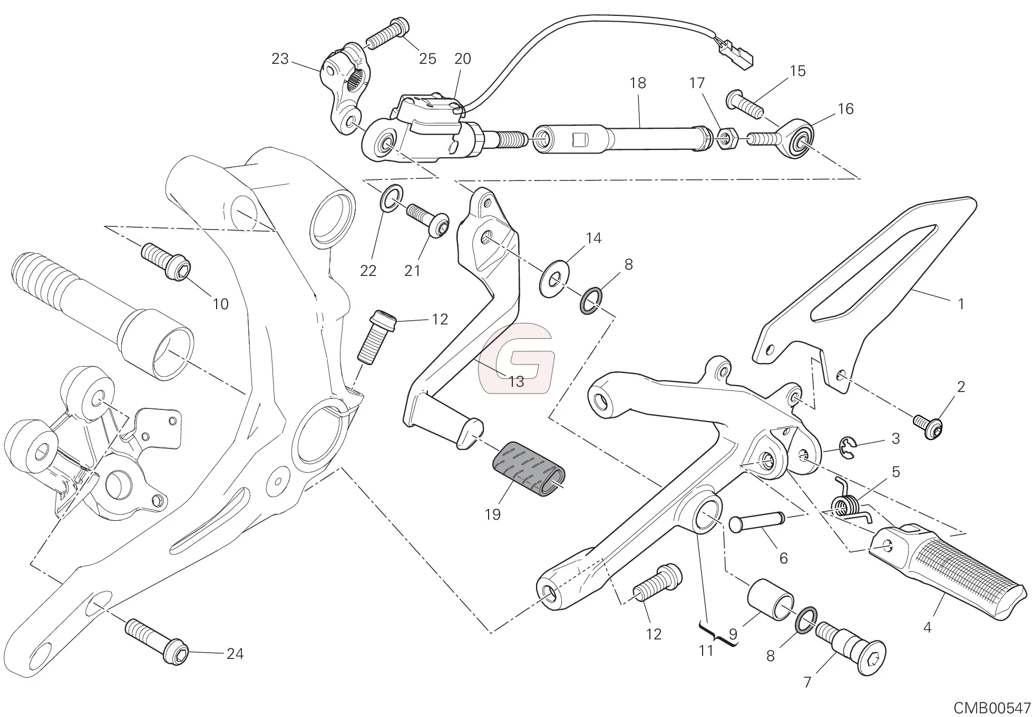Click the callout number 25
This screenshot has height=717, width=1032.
[x=427, y=59]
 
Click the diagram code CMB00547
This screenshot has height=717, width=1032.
[x=991, y=707]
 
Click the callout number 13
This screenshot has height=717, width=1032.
[x=516, y=381]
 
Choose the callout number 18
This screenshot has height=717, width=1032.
[x=637, y=83]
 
